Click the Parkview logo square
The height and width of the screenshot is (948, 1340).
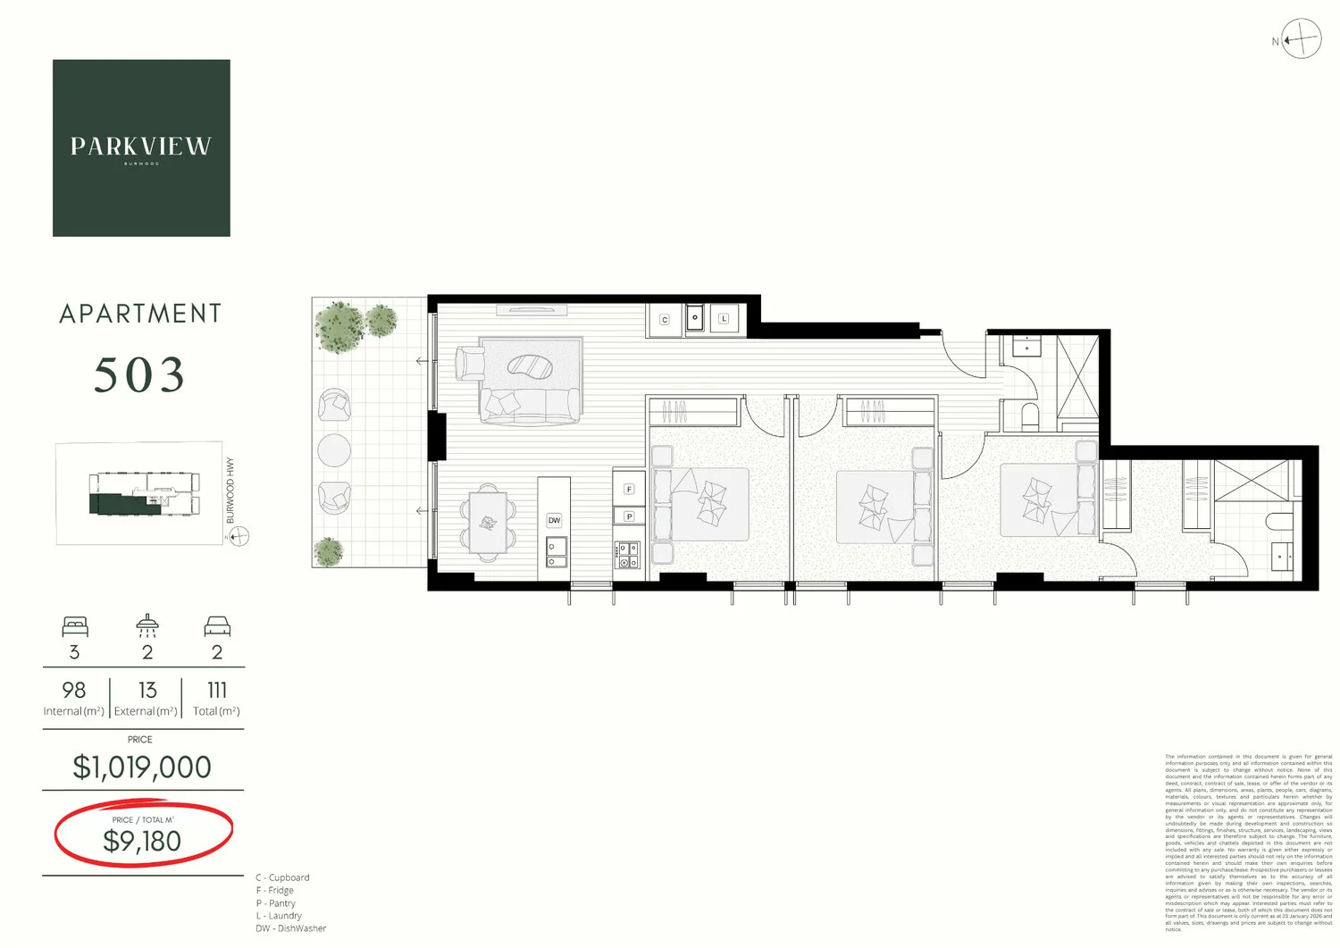coord(141,148)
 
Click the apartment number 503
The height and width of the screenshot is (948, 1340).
coord(139,375)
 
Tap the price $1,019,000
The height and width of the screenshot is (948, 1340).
coord(142,768)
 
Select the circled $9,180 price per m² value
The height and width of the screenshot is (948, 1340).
coord(142,841)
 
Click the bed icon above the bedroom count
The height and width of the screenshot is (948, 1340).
coord(75,625)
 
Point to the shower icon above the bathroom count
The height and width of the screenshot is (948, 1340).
coord(147,625)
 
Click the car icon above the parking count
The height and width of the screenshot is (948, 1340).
coord(217,625)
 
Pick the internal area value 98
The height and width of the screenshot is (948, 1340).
coord(74,691)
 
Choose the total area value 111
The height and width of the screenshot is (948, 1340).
coord(216,691)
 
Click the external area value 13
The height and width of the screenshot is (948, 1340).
coord(147,691)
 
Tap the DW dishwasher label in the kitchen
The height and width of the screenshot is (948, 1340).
coord(554,520)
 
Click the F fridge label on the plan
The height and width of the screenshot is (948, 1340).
coord(629,490)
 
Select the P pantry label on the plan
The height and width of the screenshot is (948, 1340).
coord(629,516)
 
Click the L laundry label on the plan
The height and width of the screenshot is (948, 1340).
coord(724,319)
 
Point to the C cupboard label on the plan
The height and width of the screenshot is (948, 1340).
coord(665,320)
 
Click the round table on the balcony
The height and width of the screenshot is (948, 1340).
coord(334,450)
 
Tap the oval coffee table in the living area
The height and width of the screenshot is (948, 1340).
coord(531,365)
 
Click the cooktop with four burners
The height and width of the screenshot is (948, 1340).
coord(628,556)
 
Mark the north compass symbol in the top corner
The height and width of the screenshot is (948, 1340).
coord(1301,39)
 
